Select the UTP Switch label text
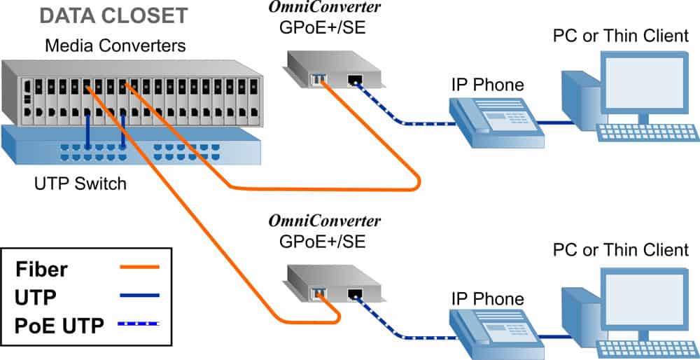(80, 184)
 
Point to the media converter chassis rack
(133, 91)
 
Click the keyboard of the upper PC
(647, 132)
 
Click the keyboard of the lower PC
(647, 347)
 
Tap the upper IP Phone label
(488, 85)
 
